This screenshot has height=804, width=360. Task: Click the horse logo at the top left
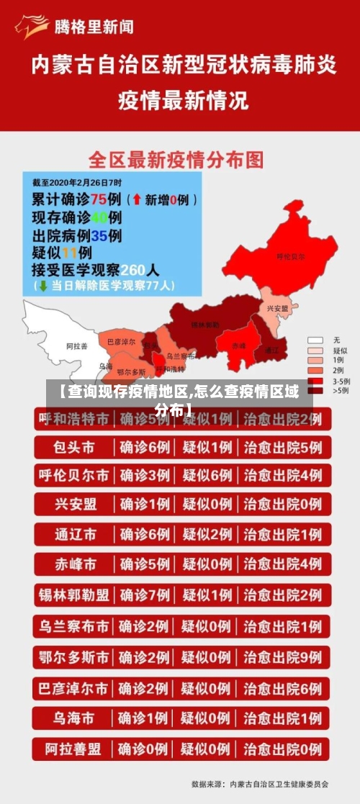tap(30, 27)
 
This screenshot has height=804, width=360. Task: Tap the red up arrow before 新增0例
tap(136, 199)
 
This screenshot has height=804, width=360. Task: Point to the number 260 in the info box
tap(133, 270)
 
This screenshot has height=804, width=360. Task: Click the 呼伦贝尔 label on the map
tap(291, 256)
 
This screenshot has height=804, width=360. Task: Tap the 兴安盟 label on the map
tap(277, 308)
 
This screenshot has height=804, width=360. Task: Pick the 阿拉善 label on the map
tap(76, 345)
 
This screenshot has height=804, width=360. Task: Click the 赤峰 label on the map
tap(238, 345)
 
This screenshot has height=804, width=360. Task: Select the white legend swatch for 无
tap(315, 340)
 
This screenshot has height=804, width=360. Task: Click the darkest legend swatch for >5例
tap(315, 390)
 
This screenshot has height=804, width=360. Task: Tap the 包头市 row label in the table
tap(73, 447)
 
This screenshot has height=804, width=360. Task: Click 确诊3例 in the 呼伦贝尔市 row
tap(145, 475)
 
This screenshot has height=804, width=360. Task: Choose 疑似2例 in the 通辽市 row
tap(207, 534)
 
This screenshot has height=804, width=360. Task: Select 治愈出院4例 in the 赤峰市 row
tap(282, 564)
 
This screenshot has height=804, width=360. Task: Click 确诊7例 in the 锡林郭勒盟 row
tap(145, 595)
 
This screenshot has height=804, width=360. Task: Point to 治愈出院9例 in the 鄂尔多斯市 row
tap(282, 657)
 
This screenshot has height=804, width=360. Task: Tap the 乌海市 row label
tap(73, 718)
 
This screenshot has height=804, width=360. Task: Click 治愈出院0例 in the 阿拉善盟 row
tap(282, 749)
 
